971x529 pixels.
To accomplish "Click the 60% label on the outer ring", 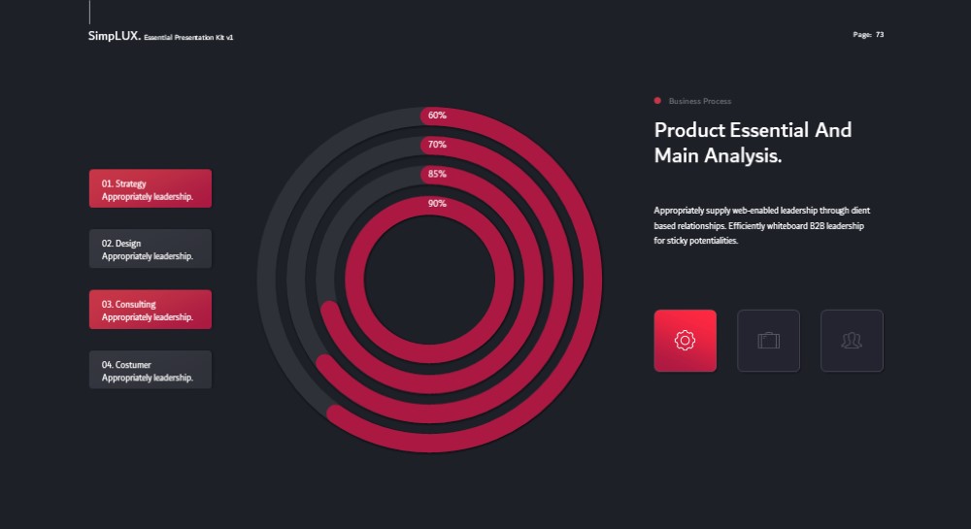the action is tap(437, 116).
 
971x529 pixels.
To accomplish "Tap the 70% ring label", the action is tap(437, 145).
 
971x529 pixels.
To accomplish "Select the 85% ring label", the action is tap(437, 174).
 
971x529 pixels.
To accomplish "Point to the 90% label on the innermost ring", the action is tap(437, 203).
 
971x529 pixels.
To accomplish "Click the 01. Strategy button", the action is tap(151, 188).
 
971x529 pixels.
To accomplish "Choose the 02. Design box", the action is tap(151, 248).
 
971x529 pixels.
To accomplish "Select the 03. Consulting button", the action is tap(151, 310).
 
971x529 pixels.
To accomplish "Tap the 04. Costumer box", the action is tap(151, 370).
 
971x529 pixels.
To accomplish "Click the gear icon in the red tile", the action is tap(685, 341).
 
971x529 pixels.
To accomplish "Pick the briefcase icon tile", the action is tap(768, 341).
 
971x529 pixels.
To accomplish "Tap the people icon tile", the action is tap(853, 341).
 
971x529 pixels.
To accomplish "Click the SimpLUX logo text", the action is tap(115, 36).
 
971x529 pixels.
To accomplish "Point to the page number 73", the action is tap(880, 35).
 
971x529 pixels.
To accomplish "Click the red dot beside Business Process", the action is tap(657, 101).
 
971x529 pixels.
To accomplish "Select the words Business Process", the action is tap(700, 101).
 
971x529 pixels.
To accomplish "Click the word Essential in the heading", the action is tap(768, 130).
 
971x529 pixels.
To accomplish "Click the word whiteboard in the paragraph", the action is tap(787, 226).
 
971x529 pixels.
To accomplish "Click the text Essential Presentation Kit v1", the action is tap(188, 37).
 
